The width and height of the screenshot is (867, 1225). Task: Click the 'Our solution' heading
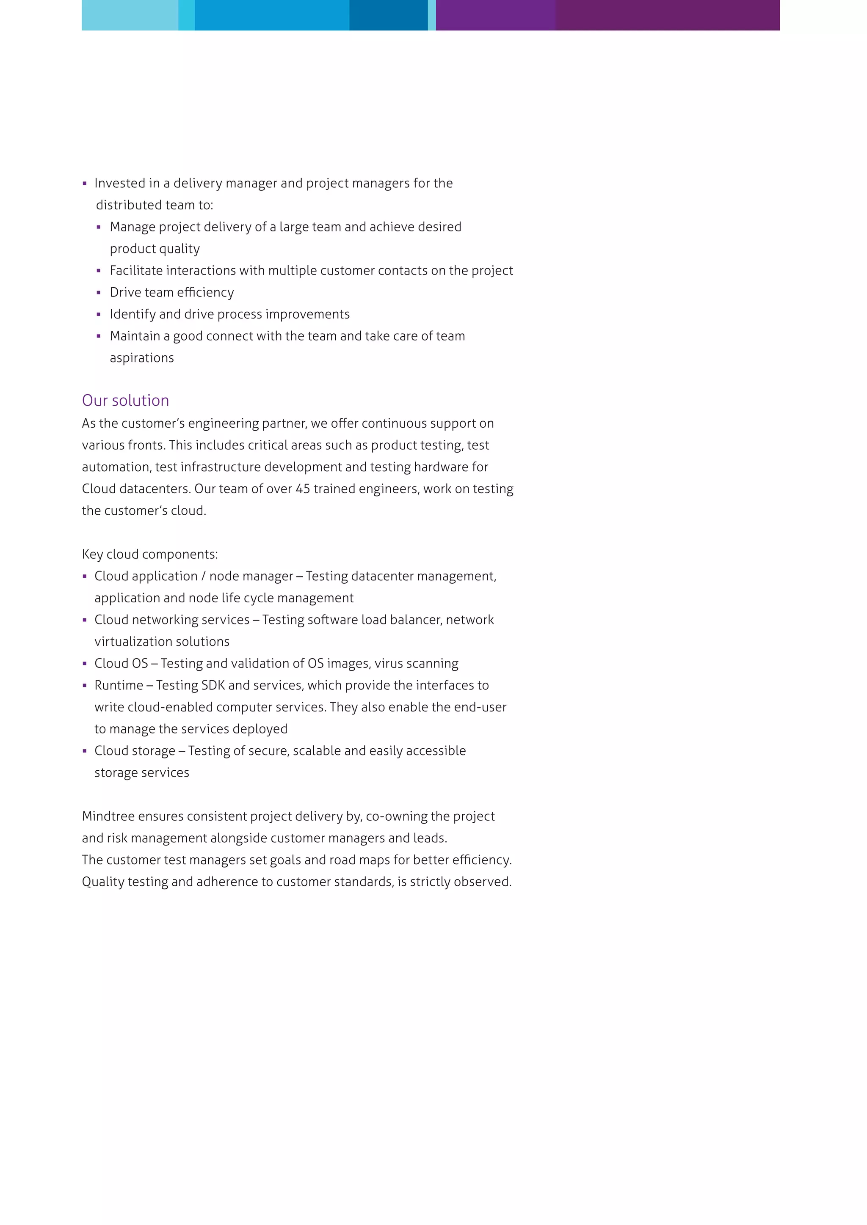pos(125,400)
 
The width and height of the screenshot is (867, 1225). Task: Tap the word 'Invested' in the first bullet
pos(119,183)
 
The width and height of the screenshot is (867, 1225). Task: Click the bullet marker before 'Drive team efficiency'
pos(99,292)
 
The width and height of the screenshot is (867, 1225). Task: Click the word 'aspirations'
pos(142,358)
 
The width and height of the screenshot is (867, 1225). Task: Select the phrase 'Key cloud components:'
pos(150,555)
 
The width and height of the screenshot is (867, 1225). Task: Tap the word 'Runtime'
pos(119,685)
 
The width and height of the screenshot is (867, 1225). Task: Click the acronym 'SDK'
pos(213,685)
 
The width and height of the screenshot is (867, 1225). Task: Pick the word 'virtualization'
pos(131,641)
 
